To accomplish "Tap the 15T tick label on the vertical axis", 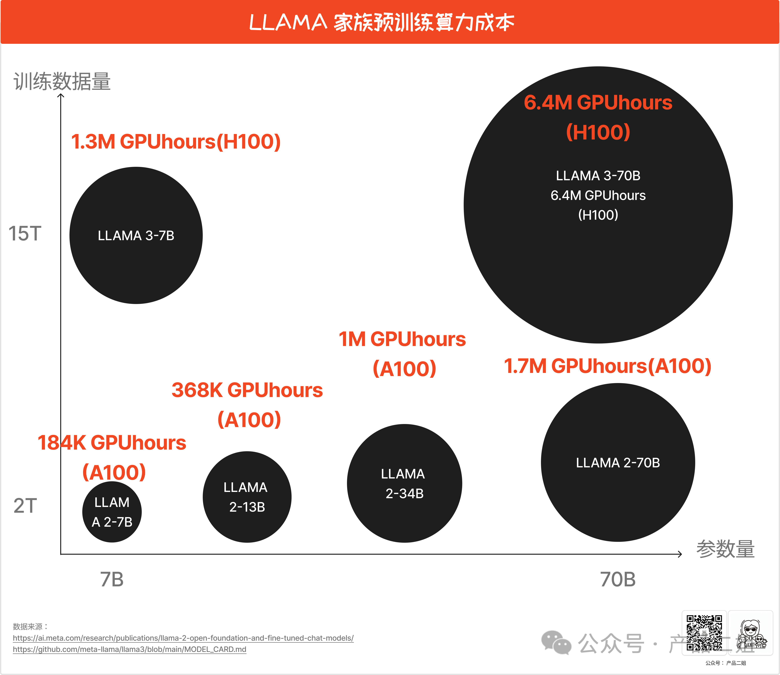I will pyautogui.click(x=25, y=234).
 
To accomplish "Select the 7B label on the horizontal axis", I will pyautogui.click(x=112, y=579).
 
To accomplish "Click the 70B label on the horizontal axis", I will pyautogui.click(x=618, y=579).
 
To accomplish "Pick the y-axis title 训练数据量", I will pyautogui.click(x=62, y=81).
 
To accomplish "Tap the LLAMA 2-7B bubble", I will pyautogui.click(x=112, y=512).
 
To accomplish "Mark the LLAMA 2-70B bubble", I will pyautogui.click(x=618, y=463).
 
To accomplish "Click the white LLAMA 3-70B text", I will pyautogui.click(x=598, y=176).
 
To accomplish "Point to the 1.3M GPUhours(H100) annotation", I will pyautogui.click(x=176, y=142).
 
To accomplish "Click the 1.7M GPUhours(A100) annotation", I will pyautogui.click(x=607, y=366).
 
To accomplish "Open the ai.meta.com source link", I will pyautogui.click(x=183, y=638).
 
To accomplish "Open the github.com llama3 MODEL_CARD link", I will pyautogui.click(x=130, y=649).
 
